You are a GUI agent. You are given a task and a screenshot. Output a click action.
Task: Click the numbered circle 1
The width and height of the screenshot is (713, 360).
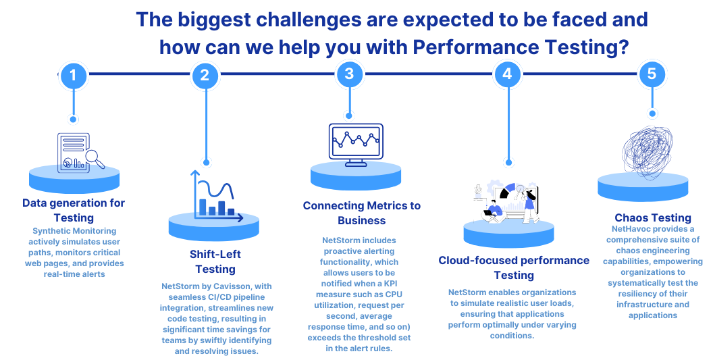point(73,75)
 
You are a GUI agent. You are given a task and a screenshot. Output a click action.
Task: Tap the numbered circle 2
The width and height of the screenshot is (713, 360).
point(205,75)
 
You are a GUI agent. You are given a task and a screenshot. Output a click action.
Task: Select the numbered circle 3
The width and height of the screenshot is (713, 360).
point(349,74)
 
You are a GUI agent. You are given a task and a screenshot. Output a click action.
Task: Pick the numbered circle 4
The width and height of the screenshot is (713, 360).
point(508,74)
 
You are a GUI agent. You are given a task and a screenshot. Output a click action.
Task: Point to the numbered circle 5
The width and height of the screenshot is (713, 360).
point(652,74)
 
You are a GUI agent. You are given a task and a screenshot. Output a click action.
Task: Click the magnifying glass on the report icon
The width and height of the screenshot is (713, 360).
point(95,159)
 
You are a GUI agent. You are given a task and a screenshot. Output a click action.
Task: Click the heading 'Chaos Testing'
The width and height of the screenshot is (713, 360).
point(652,218)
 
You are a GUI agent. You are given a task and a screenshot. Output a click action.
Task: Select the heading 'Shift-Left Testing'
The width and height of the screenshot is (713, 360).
point(215,261)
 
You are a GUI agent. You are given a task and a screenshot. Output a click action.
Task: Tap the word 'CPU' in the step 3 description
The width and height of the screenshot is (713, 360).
point(394,294)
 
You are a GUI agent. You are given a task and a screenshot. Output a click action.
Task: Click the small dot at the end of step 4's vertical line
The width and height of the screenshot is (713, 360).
point(509,163)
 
